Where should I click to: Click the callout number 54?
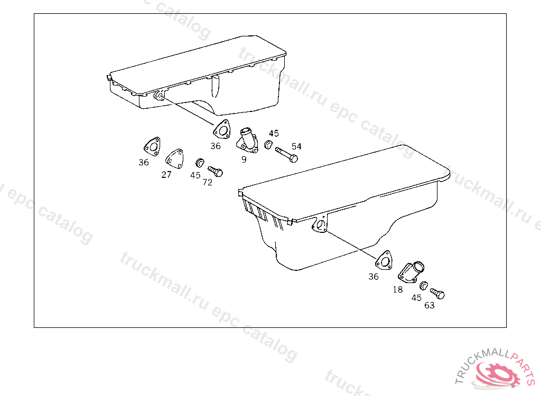point(296,147)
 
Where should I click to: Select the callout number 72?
point(207,183)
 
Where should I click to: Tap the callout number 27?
point(166,175)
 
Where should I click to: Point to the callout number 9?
point(244,159)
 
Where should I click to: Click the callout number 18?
point(397,290)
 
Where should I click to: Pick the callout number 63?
point(429,306)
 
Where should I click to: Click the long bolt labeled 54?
point(287,155)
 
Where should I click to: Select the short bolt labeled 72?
point(216,171)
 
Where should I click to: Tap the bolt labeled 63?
point(437,294)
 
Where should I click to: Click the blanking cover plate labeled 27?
point(174,159)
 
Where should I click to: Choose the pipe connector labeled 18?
point(411,272)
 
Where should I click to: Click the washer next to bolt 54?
point(268,145)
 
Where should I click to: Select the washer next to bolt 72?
point(200,163)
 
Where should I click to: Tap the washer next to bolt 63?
point(424,286)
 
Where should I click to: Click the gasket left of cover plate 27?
point(153,147)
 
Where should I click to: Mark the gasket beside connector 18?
point(384,260)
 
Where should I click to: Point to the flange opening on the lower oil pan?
point(321,225)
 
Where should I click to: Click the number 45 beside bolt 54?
point(274,134)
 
